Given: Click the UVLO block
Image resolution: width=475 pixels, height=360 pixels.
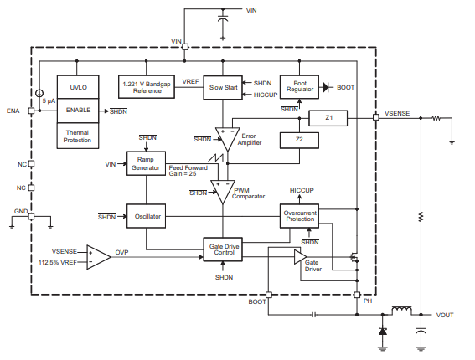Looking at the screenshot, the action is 78,87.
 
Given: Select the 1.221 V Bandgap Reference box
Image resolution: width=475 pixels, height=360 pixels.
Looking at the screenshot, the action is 147,87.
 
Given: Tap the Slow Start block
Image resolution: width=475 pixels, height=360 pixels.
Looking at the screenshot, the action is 223,88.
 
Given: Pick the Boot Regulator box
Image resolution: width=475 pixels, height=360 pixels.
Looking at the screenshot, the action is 299,87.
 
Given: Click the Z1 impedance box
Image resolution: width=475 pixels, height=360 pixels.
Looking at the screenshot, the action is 328,118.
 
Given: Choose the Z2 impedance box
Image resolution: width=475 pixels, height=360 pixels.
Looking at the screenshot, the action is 299,140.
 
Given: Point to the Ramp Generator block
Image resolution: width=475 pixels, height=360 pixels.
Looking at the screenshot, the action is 146,163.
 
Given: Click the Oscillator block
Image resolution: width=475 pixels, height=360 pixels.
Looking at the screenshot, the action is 146,216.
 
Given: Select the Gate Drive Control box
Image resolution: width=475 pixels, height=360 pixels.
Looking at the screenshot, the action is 223,249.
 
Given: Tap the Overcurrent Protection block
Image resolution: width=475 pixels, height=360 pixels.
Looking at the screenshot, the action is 299,216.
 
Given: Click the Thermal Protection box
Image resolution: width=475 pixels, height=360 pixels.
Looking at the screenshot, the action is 78,136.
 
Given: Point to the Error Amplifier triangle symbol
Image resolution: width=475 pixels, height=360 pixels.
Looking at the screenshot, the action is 228,138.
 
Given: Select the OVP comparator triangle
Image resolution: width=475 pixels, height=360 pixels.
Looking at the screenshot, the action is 99,257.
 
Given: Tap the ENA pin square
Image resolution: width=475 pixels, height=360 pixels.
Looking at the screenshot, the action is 31,111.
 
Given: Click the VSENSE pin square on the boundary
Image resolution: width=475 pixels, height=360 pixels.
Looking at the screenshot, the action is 375,117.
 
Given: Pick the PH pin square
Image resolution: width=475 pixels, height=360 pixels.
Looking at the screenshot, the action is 357,295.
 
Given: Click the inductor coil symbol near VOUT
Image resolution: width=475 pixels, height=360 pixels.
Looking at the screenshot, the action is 402,311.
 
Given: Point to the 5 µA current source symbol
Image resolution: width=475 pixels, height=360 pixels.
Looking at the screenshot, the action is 39,93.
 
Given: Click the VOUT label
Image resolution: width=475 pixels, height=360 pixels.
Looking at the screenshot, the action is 445,315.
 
